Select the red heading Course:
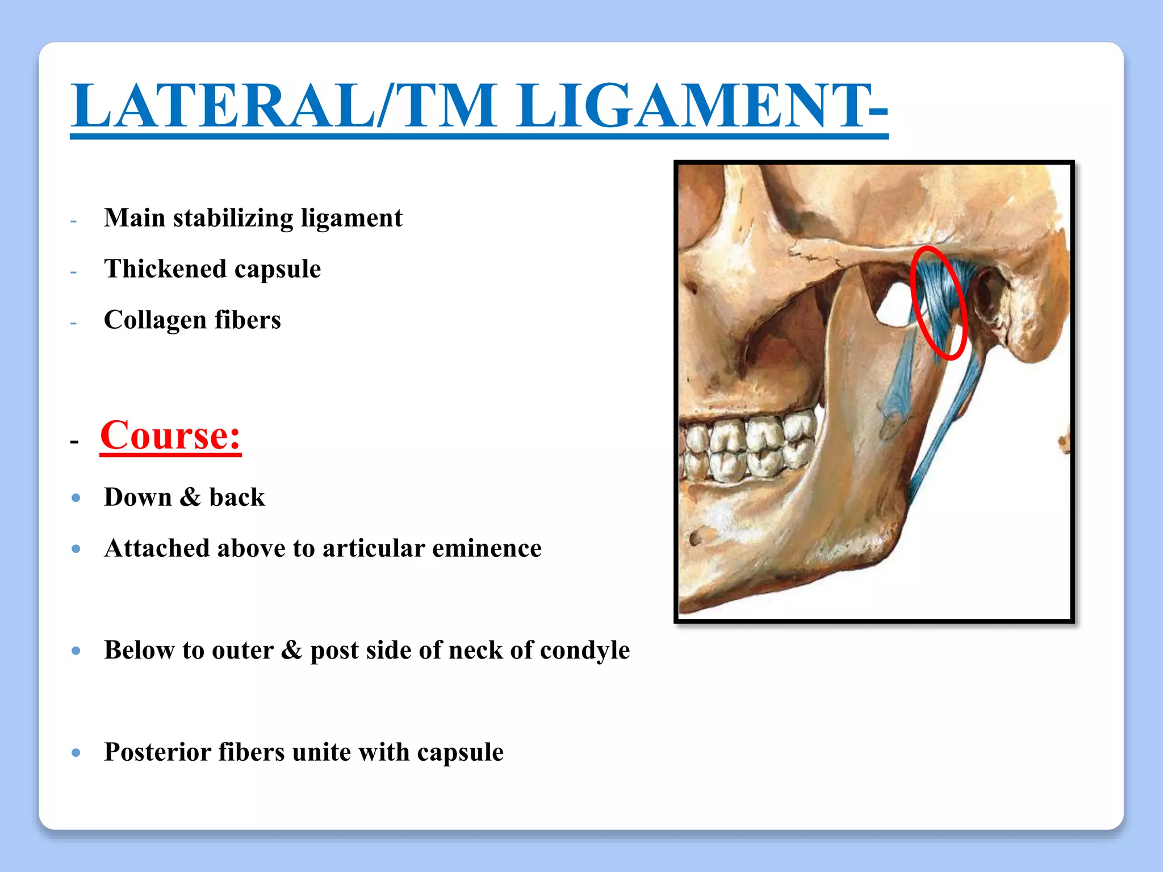[170, 435]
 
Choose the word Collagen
[155, 320]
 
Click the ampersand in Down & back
[190, 497]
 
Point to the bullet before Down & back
[76, 498]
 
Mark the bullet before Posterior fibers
[76, 753]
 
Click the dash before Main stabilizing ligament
[73, 220]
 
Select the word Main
[135, 219]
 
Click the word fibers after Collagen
[248, 320]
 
